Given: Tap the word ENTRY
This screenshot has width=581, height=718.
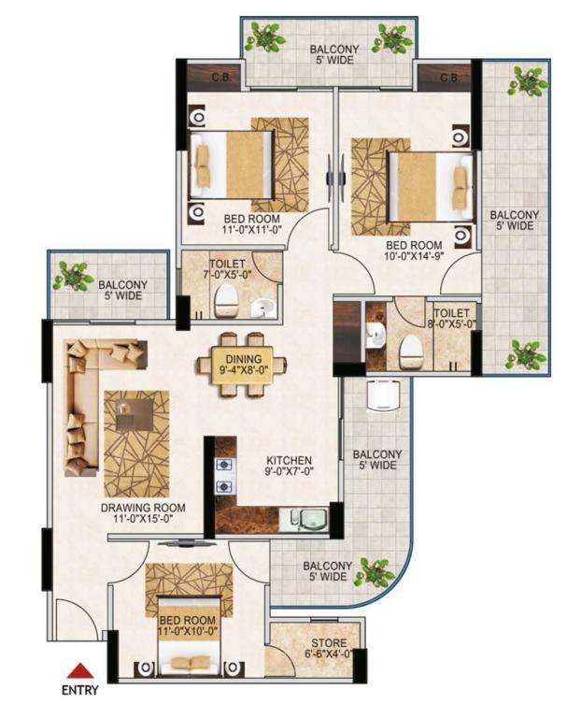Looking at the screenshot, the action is tap(80, 690).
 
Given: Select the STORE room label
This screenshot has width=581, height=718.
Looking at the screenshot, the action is tap(329, 643).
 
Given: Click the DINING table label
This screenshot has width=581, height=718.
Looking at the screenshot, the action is tap(244, 359).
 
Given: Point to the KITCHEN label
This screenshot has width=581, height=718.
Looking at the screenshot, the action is tap(290, 460).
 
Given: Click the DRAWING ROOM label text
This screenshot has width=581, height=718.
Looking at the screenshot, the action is tap(143, 508).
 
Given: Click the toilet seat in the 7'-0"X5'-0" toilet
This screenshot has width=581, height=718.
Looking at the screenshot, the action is tap(225, 301).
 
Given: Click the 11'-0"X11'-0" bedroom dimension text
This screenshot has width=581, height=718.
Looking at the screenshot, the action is tap(251, 230).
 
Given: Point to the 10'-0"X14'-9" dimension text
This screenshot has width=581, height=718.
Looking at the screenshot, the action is tap(414, 256).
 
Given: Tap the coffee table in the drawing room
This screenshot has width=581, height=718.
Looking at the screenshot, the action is tap(135, 414).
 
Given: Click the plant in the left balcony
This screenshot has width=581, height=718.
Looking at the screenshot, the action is tap(71, 275).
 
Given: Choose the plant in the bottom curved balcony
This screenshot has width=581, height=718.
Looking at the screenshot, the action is tap(376, 571).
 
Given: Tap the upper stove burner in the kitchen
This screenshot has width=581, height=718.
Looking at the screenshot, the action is tap(224, 466).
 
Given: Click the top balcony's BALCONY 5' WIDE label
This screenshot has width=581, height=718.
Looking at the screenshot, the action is tap(334, 54).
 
